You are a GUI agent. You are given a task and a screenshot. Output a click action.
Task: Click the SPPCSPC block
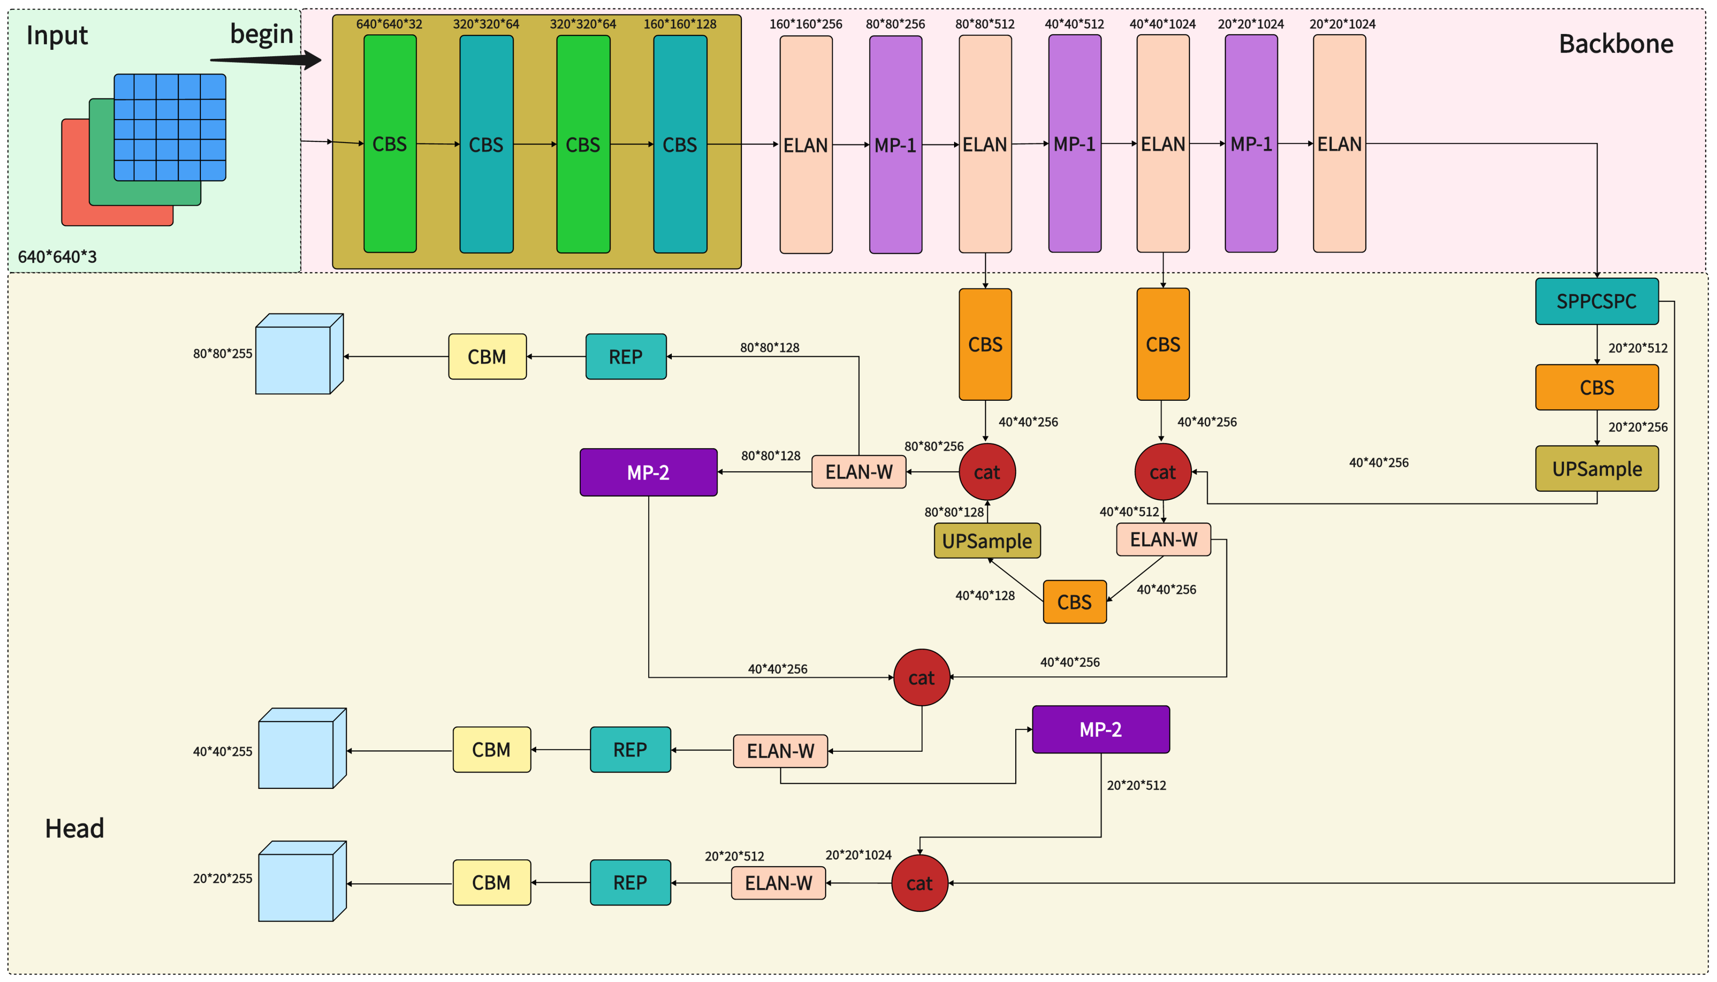tap(1596, 302)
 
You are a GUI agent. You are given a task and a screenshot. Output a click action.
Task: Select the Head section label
tap(74, 828)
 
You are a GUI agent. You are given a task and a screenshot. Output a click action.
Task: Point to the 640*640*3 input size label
tap(58, 257)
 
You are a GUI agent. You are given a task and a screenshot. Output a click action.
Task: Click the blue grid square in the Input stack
tap(170, 128)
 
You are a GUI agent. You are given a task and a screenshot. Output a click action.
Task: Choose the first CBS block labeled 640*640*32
tap(390, 145)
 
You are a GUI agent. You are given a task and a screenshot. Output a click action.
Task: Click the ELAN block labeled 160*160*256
tap(805, 145)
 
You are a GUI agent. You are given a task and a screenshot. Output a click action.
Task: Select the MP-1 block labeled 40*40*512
tap(1074, 145)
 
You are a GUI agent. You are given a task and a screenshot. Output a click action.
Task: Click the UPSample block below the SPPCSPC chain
tap(1596, 469)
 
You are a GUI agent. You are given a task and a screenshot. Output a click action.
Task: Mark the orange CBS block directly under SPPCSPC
tap(1596, 388)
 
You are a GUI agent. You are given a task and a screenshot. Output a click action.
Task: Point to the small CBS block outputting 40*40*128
tap(1074, 602)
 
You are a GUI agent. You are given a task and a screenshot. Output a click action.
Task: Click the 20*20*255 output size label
tap(223, 878)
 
